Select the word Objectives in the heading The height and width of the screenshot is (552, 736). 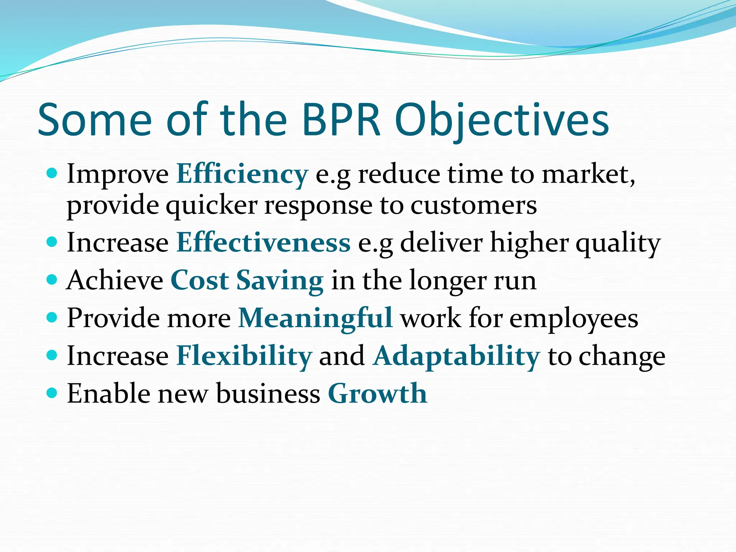click(x=502, y=120)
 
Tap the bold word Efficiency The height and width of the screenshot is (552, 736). click(x=242, y=174)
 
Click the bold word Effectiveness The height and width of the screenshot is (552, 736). click(x=263, y=243)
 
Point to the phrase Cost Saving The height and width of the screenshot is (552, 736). click(x=247, y=280)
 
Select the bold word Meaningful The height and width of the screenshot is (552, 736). click(x=315, y=318)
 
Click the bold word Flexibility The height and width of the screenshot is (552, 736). click(x=244, y=356)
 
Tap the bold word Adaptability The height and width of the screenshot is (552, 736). click(x=456, y=356)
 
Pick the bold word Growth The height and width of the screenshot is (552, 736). click(x=377, y=394)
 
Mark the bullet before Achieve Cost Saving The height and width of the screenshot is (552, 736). click(x=52, y=279)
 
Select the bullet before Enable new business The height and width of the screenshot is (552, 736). click(x=52, y=392)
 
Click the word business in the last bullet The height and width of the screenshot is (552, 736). click(x=268, y=394)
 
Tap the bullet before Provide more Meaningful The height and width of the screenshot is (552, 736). click(x=52, y=317)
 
